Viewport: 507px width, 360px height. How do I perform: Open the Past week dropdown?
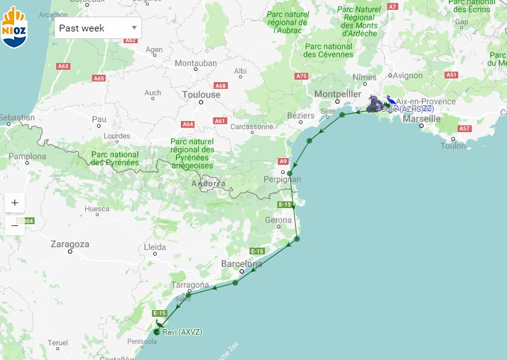coord(98,28)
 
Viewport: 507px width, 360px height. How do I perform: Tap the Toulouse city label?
coord(201,94)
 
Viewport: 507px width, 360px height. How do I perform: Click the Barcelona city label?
coord(241,264)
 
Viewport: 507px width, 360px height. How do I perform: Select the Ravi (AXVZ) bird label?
coord(182,332)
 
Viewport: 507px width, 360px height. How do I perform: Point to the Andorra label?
coord(208,183)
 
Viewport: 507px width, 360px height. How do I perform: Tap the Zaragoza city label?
coord(70,244)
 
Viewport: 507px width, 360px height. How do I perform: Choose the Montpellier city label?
coord(337,93)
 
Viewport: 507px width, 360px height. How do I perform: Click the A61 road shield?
coord(220,121)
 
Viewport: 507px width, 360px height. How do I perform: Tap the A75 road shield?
coord(301,76)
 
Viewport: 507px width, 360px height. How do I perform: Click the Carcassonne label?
coord(251,127)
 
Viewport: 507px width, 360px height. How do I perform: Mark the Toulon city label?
coord(453,146)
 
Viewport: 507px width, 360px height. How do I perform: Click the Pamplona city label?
coord(27,157)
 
